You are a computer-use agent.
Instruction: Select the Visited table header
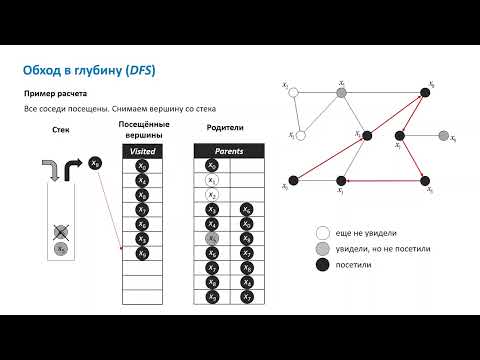coord(143,150)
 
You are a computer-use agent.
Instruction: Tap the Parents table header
coord(230,150)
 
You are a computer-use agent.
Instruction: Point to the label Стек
coord(58,131)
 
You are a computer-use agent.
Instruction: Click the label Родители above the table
coord(229,128)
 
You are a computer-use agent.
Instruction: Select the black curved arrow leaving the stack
coord(73,167)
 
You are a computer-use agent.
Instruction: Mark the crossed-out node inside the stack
coord(61,231)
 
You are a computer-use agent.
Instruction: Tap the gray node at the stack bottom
coord(61,248)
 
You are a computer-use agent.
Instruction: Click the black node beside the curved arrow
coord(95,163)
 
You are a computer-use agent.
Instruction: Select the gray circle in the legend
coord(321,247)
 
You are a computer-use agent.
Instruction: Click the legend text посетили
coord(360,266)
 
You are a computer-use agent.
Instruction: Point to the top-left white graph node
coord(291,95)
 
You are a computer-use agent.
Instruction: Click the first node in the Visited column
coord(143,165)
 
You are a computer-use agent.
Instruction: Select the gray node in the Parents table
coord(211,239)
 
